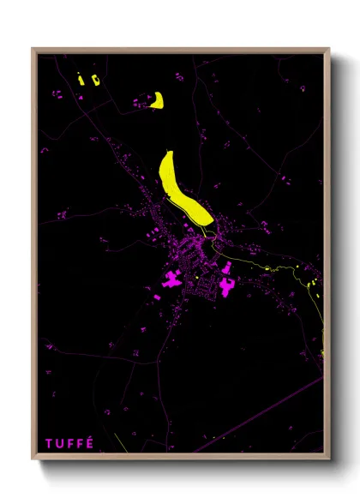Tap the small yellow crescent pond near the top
tap(157, 101)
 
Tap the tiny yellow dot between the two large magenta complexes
tap(199, 278)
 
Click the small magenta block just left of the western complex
tap(158, 296)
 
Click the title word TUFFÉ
tap(70, 442)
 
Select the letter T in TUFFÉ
tap(50, 442)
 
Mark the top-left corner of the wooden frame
tap(33, 49)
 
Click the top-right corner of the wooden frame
tap(329, 49)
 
